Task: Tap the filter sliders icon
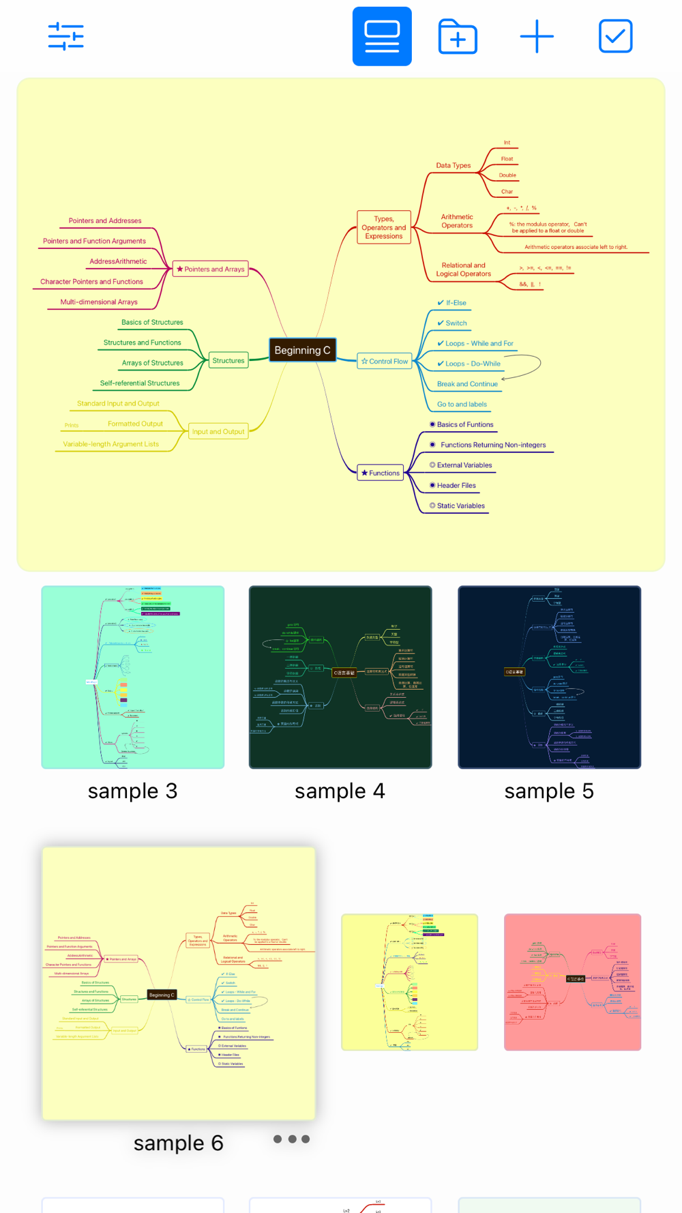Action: click(65, 36)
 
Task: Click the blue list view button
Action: click(382, 36)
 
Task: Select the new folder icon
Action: click(458, 36)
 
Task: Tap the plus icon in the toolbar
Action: click(537, 36)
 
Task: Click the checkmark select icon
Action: click(615, 36)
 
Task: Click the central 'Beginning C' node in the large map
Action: click(302, 350)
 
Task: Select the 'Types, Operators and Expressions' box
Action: click(384, 227)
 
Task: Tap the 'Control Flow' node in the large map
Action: click(385, 362)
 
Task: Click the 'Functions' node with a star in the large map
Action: click(381, 473)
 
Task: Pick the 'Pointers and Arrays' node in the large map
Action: click(210, 269)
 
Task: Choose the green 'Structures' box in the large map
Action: click(228, 360)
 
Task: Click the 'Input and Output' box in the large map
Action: click(218, 431)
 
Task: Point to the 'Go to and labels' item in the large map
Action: click(462, 404)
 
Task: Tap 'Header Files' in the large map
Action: click(456, 485)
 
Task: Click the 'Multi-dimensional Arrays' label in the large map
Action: click(99, 302)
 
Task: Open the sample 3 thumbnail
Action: click(133, 677)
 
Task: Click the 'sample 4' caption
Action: click(340, 791)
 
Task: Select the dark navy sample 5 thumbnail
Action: click(549, 677)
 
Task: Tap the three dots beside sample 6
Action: click(291, 1139)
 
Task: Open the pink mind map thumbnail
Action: click(572, 982)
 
